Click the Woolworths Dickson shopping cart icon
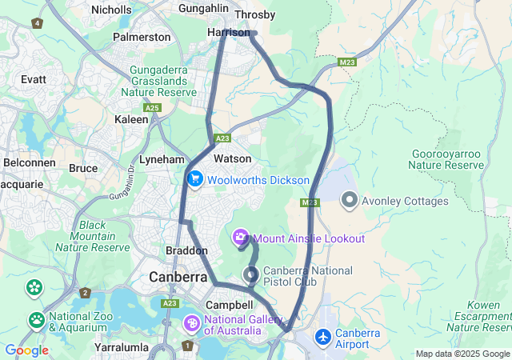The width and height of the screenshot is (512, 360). click(x=194, y=179)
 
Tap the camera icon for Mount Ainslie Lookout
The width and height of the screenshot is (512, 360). click(x=241, y=238)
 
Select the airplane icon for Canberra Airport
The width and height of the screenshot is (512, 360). click(x=323, y=338)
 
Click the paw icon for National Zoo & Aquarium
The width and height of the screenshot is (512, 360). click(x=37, y=321)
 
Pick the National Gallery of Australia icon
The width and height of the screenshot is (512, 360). click(x=192, y=323)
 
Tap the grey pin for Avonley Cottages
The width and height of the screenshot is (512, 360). click(x=349, y=200)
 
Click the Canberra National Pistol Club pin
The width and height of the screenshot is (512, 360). click(x=251, y=275)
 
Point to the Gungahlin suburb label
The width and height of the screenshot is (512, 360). click(x=206, y=10)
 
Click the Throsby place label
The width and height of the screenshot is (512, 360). click(x=255, y=15)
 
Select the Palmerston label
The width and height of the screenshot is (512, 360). click(x=142, y=37)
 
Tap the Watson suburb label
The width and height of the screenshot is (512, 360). click(x=233, y=159)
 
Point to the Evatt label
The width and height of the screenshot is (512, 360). click(x=34, y=79)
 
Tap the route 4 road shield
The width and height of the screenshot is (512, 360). click(x=37, y=22)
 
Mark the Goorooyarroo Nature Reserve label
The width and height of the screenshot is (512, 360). click(x=446, y=159)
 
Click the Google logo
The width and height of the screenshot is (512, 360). click(x=26, y=350)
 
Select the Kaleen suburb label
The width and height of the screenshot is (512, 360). click(x=131, y=118)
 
